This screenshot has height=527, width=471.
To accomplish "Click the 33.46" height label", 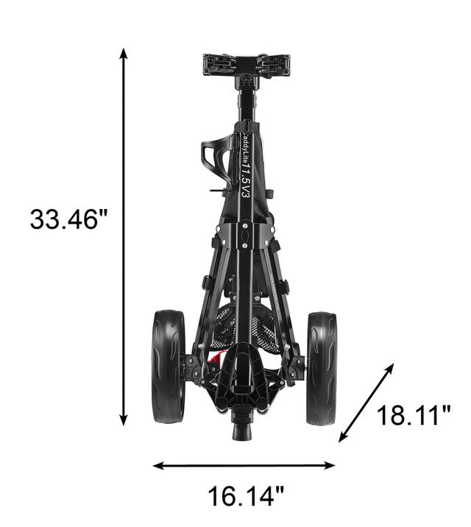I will [x=69, y=219].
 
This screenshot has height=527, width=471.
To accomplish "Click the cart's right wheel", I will [x=322, y=368].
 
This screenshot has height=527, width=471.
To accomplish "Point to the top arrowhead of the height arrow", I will [x=124, y=53].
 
